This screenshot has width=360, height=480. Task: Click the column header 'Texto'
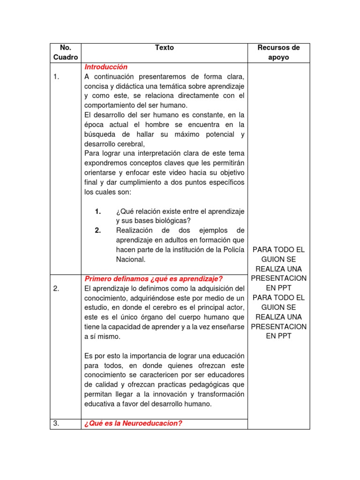(x=164, y=47)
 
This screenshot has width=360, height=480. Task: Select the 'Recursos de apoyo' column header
(x=278, y=52)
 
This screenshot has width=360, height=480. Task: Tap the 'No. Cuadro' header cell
(x=65, y=52)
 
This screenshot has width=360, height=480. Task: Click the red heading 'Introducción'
(x=106, y=67)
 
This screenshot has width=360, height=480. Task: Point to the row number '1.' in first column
(x=56, y=77)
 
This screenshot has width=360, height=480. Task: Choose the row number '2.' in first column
(x=56, y=288)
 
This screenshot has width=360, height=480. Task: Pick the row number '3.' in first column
(x=56, y=423)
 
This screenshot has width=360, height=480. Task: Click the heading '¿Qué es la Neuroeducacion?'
(x=133, y=423)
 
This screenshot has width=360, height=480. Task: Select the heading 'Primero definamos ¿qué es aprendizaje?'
(x=154, y=279)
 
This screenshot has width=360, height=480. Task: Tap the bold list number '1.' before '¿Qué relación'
(x=98, y=211)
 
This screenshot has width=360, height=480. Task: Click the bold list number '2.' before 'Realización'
(x=98, y=230)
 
